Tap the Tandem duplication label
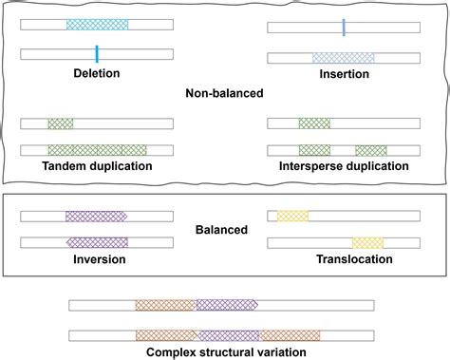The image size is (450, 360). (x=96, y=166)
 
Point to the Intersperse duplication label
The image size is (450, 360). (x=345, y=166)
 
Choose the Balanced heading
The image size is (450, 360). (x=224, y=229)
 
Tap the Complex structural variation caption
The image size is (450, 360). (x=225, y=351)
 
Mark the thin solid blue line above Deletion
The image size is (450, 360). (x=97, y=53)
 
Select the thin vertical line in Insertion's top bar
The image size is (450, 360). (x=344, y=28)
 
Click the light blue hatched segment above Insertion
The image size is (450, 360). (x=344, y=58)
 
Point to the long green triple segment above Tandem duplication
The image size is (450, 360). (x=97, y=150)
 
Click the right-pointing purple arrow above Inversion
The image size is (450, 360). (x=97, y=217)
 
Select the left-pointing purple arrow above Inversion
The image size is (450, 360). (x=97, y=242)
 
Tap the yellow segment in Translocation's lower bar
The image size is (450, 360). (x=367, y=242)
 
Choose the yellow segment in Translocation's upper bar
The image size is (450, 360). (x=292, y=217)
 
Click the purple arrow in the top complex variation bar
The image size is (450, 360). (x=227, y=306)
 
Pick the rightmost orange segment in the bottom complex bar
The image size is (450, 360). (x=290, y=335)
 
